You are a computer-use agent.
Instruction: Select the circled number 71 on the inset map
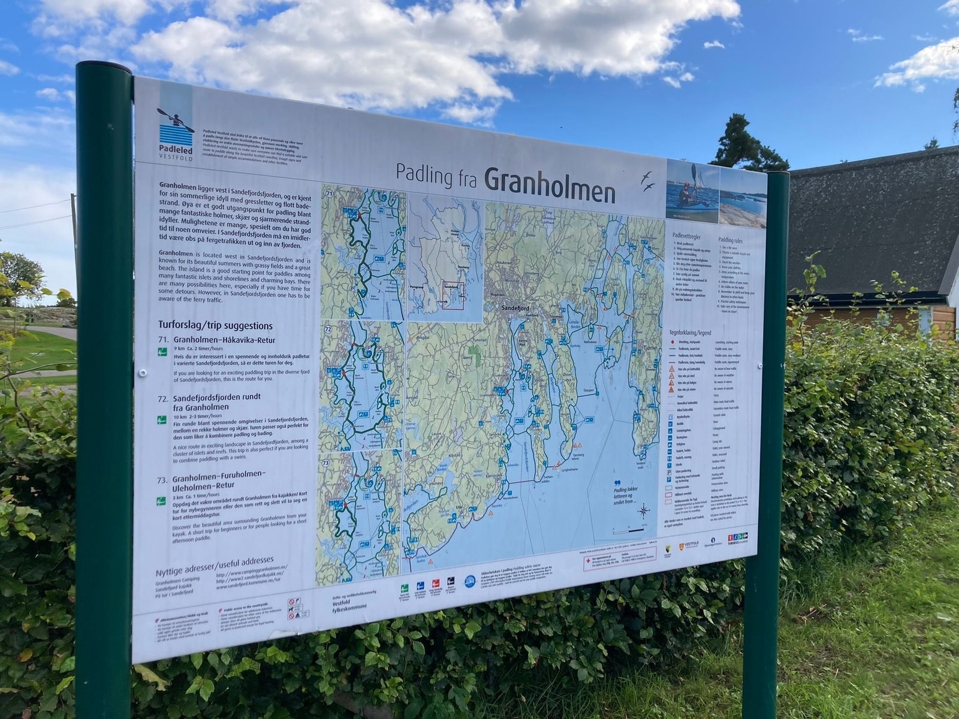(329, 194)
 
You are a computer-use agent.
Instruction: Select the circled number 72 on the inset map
(327, 330)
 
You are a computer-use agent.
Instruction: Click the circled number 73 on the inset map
(326, 463)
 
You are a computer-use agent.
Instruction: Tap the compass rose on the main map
(644, 511)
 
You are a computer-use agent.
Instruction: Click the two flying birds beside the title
(647, 181)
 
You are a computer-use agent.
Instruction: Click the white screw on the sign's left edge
(142, 373)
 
